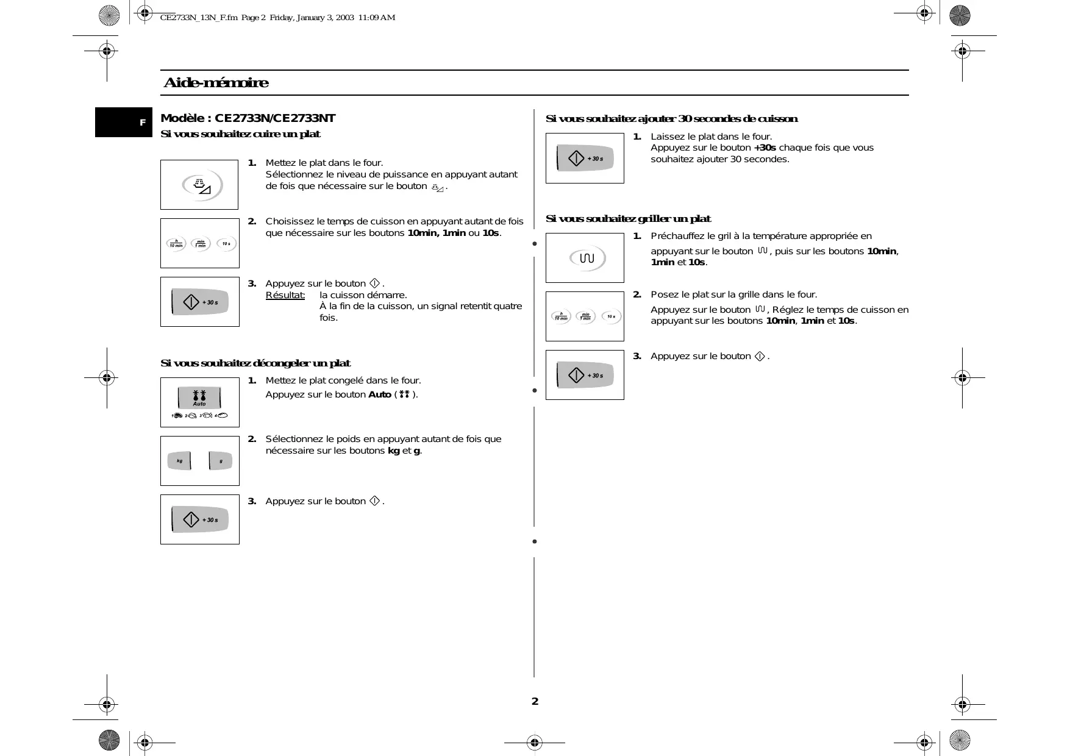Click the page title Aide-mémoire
pos(216,83)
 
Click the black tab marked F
pos(124,123)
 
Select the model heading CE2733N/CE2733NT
pos(248,118)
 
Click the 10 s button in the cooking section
pos(226,244)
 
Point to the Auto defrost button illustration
pos(199,398)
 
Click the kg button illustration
pos(180,461)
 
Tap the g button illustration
pos(220,461)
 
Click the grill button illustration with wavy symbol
pos(586,259)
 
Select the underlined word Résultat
pos(285,295)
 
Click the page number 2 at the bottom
pos(535,701)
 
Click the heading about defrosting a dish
pos(255,363)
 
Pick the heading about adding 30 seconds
pos(671,119)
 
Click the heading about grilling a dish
pos(628,219)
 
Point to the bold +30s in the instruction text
pos(765,148)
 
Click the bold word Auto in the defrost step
pos(379,394)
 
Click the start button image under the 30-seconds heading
pos(585,159)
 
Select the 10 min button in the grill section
pos(560,316)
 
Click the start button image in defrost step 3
pos(200,519)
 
